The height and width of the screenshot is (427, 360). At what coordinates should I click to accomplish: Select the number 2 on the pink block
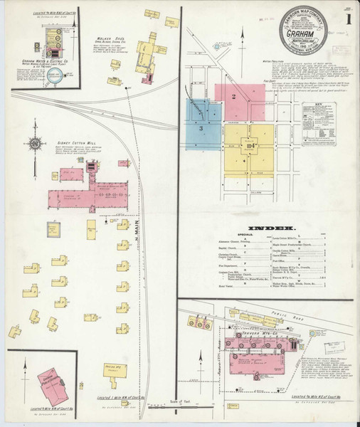click(233, 95)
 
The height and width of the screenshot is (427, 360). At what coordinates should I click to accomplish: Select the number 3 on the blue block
click(201, 127)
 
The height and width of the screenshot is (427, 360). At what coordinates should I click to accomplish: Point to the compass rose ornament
click(35, 143)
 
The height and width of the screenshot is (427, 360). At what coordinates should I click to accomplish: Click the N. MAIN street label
click(135, 236)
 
